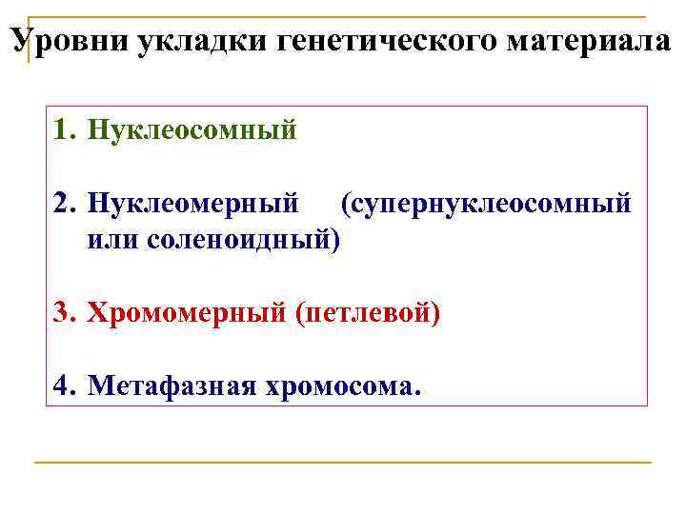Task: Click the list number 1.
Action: pyautogui.click(x=64, y=129)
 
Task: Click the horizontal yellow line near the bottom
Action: pyautogui.click(x=343, y=463)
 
